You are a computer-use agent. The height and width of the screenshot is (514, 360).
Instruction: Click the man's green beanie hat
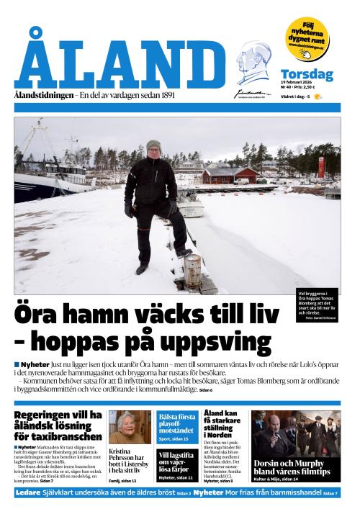point(153,145)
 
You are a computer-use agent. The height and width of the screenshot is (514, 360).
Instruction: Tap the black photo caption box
point(317,301)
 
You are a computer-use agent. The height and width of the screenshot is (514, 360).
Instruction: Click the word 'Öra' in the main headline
point(49,315)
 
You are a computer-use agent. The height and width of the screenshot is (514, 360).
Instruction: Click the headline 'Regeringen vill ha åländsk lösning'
point(58,425)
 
